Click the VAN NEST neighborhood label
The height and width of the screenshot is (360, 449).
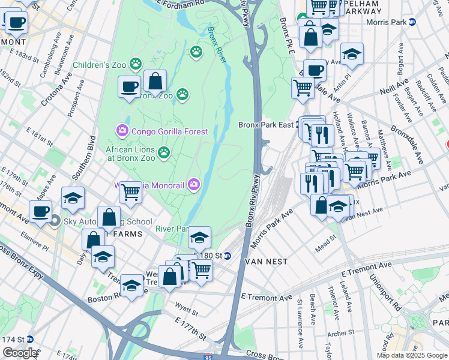266,262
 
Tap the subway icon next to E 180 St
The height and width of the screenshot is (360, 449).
228,256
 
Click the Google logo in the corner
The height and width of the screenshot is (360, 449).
20,353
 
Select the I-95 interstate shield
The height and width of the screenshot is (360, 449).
208,356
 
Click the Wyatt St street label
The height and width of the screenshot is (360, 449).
187,312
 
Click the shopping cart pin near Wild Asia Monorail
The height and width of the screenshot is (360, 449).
130,192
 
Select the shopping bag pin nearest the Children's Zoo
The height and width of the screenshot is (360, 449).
155,81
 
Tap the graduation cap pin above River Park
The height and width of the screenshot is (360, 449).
199,238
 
